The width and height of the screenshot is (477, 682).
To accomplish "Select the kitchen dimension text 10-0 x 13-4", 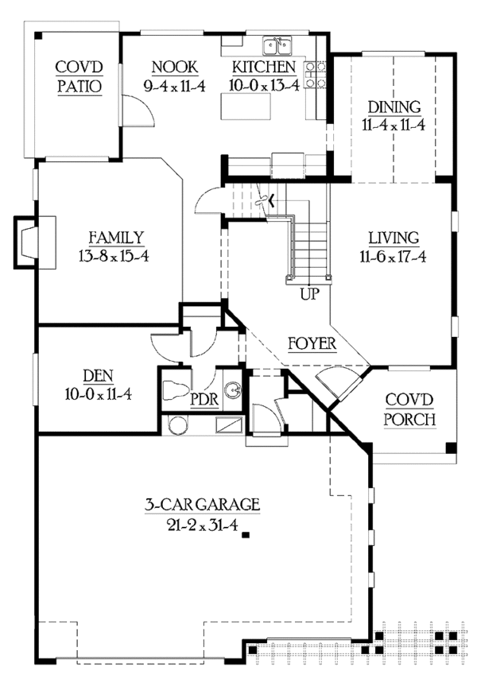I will tap(265, 86).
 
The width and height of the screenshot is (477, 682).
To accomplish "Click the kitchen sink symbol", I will tap(280, 42).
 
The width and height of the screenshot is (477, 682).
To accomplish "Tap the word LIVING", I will tap(393, 237).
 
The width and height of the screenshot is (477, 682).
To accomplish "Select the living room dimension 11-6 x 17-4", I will tap(393, 256).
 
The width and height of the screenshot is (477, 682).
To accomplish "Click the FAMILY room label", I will tap(116, 237).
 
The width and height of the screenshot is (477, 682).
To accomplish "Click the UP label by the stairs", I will tap(310, 293).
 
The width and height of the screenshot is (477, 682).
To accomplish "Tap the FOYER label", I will tap(312, 343).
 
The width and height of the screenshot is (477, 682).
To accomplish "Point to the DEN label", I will tap(96, 374).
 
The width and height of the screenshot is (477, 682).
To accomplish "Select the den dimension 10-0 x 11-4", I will tap(96, 393).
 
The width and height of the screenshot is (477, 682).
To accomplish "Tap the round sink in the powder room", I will tap(231, 391).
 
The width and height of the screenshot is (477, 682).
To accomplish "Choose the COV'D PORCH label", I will tap(409, 409).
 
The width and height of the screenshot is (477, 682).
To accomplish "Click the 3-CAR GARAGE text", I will tap(202, 504).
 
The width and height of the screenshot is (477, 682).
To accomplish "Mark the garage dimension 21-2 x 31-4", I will tap(202, 522).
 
